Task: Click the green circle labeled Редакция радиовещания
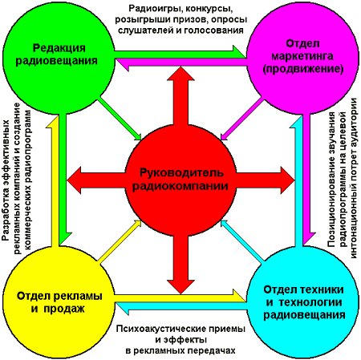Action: pyautogui.click(x=59, y=59)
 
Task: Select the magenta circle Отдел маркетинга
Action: pyautogui.click(x=302, y=59)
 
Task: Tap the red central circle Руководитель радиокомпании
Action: pyautogui.click(x=180, y=180)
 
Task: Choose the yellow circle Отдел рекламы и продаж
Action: pyautogui.click(x=59, y=301)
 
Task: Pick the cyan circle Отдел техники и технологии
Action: pyautogui.click(x=302, y=301)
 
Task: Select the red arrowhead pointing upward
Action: pyautogui.click(x=180, y=74)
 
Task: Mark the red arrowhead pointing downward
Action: pyautogui.click(x=180, y=287)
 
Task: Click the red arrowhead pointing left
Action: pyautogui.click(x=74, y=180)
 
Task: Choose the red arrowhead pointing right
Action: pyautogui.click(x=288, y=180)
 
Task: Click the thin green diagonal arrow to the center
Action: pyautogui.click(x=120, y=119)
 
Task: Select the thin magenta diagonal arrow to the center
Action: pyautogui.click(x=242, y=119)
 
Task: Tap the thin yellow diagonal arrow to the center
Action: pyautogui.click(x=120, y=241)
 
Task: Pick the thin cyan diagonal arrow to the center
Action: pyautogui.click(x=242, y=241)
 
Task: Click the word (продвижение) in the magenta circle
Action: pyautogui.click(x=303, y=69)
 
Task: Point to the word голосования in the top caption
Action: pyautogui.click(x=214, y=30)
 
